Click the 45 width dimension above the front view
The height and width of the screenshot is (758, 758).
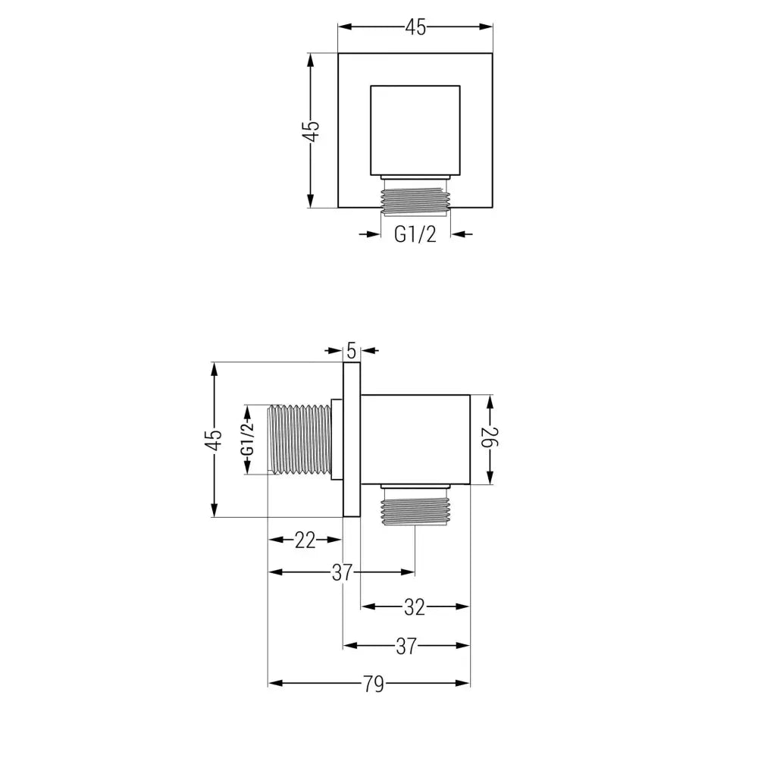415,27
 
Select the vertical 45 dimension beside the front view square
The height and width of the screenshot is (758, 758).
312,130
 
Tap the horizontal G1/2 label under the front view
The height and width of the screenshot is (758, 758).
415,234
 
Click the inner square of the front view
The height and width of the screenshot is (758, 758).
415,130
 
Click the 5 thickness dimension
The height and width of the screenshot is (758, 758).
351,350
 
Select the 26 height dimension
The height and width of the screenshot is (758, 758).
490,438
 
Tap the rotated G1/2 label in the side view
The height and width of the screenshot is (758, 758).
247,440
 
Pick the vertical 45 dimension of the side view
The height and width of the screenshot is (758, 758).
215,440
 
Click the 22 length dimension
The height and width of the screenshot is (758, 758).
305,540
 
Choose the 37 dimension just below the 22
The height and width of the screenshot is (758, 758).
342,572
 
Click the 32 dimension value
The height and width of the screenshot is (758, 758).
414,606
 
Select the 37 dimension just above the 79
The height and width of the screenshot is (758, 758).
407,646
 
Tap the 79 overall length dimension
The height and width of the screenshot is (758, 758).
371,684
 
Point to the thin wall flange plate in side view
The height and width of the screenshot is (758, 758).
351,440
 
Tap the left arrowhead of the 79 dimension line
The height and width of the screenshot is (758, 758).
275,684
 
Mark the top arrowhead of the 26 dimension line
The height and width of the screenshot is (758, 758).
490,399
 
